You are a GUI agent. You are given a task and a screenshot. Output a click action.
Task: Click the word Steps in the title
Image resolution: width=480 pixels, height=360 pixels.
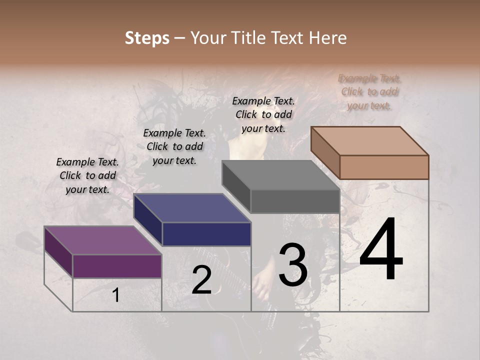click(x=147, y=38)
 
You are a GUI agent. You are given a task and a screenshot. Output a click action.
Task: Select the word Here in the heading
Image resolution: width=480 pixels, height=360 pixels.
click(x=328, y=38)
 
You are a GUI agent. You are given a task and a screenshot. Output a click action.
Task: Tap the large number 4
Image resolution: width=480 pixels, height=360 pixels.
click(x=381, y=250)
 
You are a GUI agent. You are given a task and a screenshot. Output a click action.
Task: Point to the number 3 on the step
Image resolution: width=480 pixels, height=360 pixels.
click(x=293, y=265)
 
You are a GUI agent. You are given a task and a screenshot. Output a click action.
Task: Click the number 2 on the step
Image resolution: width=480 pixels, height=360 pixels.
click(x=201, y=280)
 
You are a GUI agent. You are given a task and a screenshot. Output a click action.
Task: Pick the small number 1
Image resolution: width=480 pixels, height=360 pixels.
click(x=116, y=295)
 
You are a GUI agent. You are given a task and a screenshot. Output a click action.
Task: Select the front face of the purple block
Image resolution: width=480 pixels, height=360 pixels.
click(x=117, y=265)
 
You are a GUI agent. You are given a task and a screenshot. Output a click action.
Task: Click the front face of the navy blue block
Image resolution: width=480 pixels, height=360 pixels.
click(x=206, y=234)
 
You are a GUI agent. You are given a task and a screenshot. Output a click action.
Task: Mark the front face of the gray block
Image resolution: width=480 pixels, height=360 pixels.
click(x=295, y=201)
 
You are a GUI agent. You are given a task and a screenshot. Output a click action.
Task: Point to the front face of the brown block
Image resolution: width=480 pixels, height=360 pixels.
click(x=384, y=167)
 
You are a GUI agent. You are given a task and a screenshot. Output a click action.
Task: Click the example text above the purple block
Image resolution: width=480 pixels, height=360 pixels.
click(x=87, y=175)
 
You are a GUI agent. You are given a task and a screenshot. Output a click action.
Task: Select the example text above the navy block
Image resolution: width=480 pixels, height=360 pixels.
click(x=174, y=146)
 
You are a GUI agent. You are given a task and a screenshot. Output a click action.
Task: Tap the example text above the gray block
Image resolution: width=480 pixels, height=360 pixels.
click(x=263, y=114)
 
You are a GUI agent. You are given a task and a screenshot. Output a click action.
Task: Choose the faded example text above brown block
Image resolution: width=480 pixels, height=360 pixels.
click(x=369, y=91)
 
